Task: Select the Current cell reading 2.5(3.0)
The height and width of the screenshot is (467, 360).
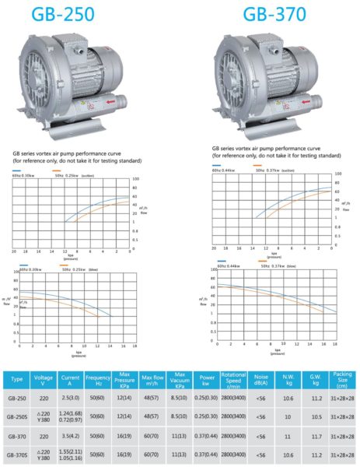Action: pyautogui.click(x=71, y=397)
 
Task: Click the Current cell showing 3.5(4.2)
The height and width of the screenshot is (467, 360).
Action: pyautogui.click(x=71, y=436)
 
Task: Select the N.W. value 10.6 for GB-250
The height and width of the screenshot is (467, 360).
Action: pyautogui.click(x=288, y=397)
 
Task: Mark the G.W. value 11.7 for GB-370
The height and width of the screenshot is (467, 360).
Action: pyautogui.click(x=316, y=436)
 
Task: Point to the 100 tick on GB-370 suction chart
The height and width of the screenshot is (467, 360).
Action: pyautogui.click(x=337, y=174)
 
